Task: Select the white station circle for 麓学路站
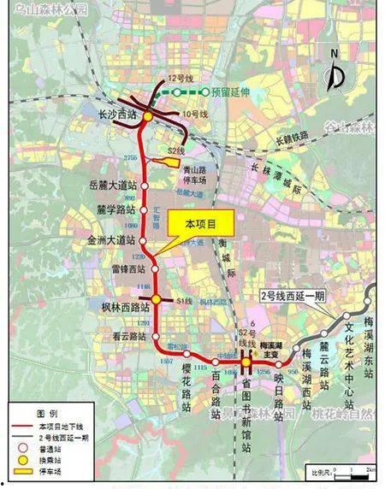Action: [x=145, y=209]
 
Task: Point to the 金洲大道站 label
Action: [x=113, y=239]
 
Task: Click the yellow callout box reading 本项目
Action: [x=200, y=223]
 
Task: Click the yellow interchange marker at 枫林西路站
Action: [x=157, y=299]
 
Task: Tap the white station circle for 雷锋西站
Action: [x=151, y=267]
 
